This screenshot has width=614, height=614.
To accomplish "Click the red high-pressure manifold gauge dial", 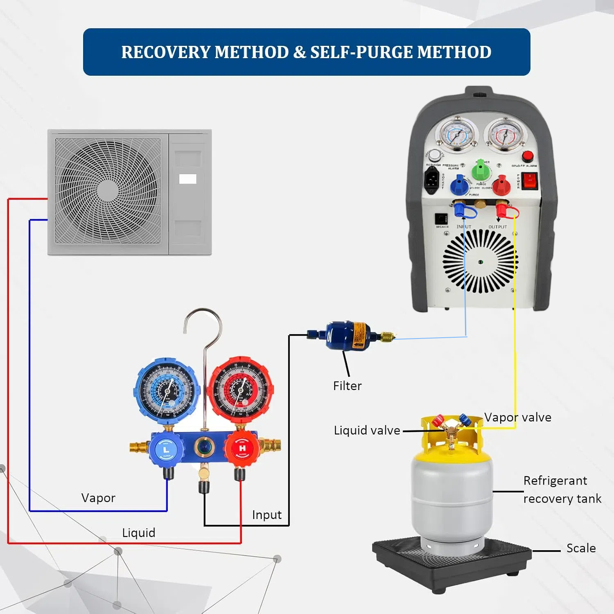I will [241, 390].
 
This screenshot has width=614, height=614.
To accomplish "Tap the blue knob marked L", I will [166, 449].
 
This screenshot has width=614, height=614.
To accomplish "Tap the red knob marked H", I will [242, 449].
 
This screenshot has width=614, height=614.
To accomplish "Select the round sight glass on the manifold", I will [203, 446].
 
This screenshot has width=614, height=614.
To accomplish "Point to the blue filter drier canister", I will [348, 336].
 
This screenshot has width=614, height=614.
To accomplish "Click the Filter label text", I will [347, 386].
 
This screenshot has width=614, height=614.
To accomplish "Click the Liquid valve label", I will [367, 431].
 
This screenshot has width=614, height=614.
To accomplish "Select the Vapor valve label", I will [518, 418].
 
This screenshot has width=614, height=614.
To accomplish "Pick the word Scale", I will [581, 549].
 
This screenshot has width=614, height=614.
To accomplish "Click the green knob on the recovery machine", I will [481, 169].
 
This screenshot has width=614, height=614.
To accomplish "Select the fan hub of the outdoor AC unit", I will [108, 190].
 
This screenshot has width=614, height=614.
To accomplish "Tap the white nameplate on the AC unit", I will [188, 179].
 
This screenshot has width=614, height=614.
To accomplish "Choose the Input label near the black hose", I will [267, 515].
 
